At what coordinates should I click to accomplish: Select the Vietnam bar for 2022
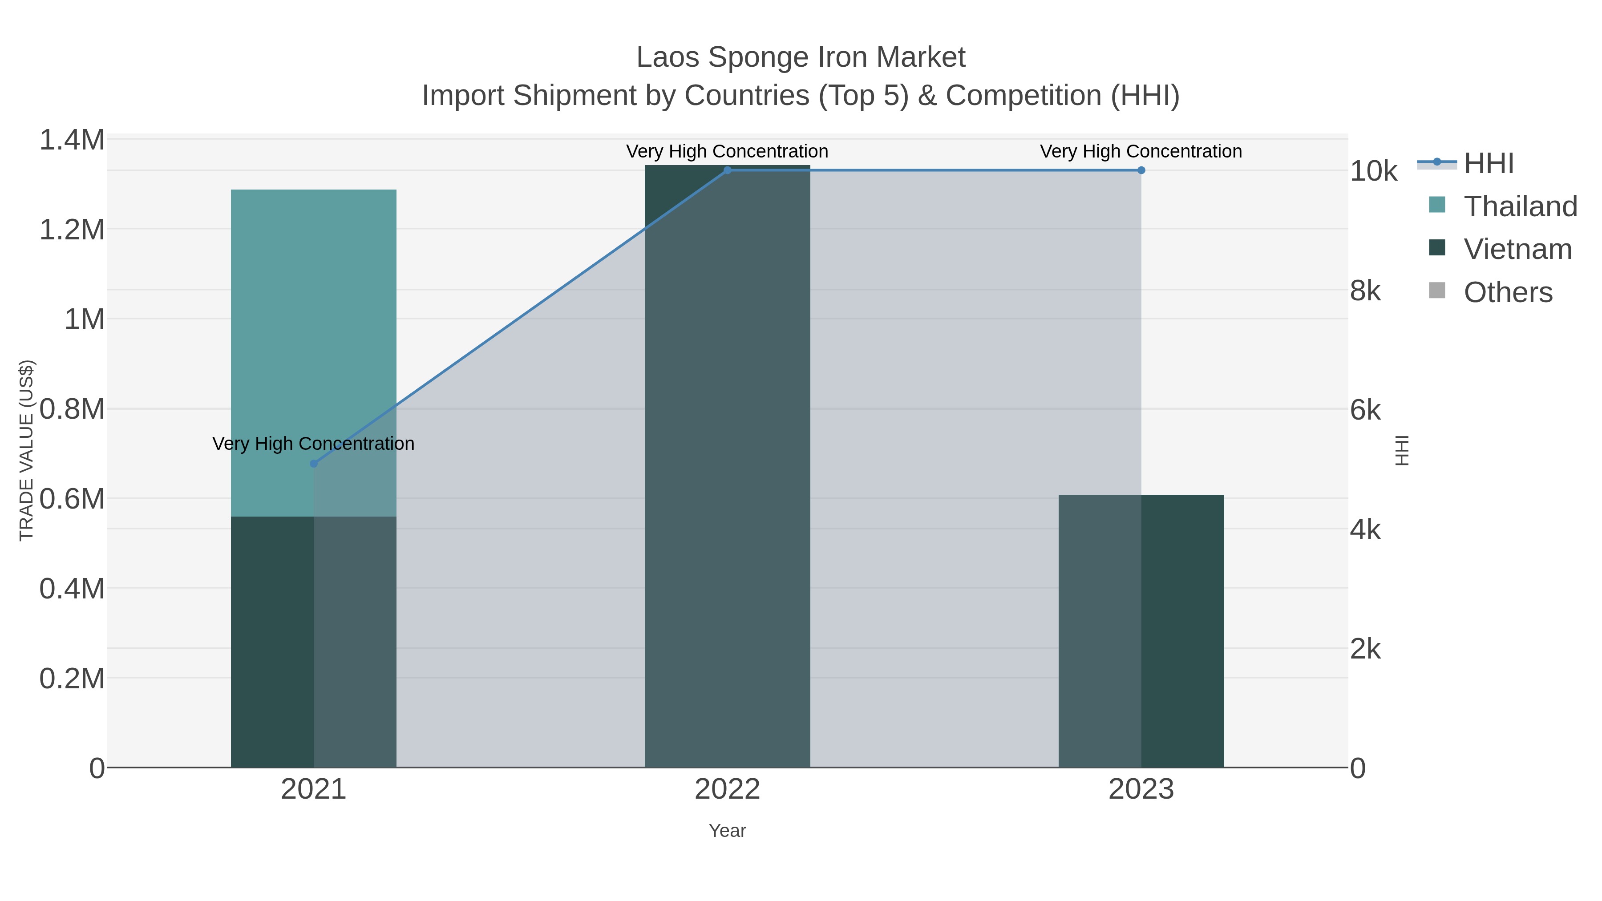tap(727, 466)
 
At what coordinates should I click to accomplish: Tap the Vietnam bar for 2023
tap(1141, 631)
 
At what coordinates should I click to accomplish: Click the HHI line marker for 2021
tap(313, 463)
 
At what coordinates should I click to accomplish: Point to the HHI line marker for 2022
tap(727, 170)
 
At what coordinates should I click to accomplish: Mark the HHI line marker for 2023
tap(1141, 170)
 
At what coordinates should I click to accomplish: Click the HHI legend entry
tap(1488, 164)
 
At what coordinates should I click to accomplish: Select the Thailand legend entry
tap(1520, 206)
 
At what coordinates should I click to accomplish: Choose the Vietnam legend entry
tap(1517, 249)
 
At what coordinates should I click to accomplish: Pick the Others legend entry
tap(1508, 292)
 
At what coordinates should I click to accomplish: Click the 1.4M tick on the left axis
tap(72, 140)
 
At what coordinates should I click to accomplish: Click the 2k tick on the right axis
tap(1365, 649)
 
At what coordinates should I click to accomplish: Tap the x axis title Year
tap(727, 831)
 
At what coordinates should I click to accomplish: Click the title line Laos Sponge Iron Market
tap(801, 57)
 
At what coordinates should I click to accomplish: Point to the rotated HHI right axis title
tap(1402, 450)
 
